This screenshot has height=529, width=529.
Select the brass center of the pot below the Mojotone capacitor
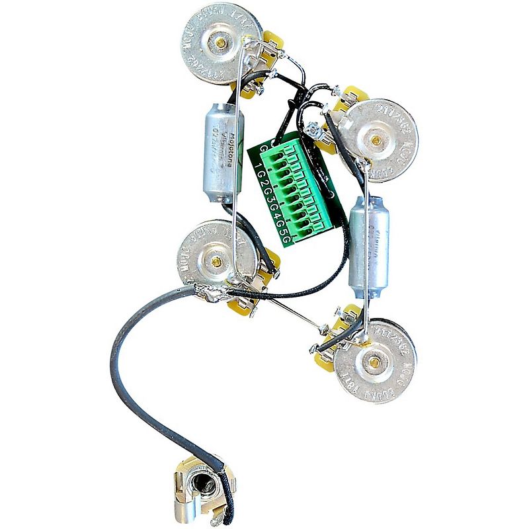click(216, 261)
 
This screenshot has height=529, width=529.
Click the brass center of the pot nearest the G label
click(376, 140)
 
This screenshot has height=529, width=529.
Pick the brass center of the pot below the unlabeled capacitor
click(375, 360)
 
